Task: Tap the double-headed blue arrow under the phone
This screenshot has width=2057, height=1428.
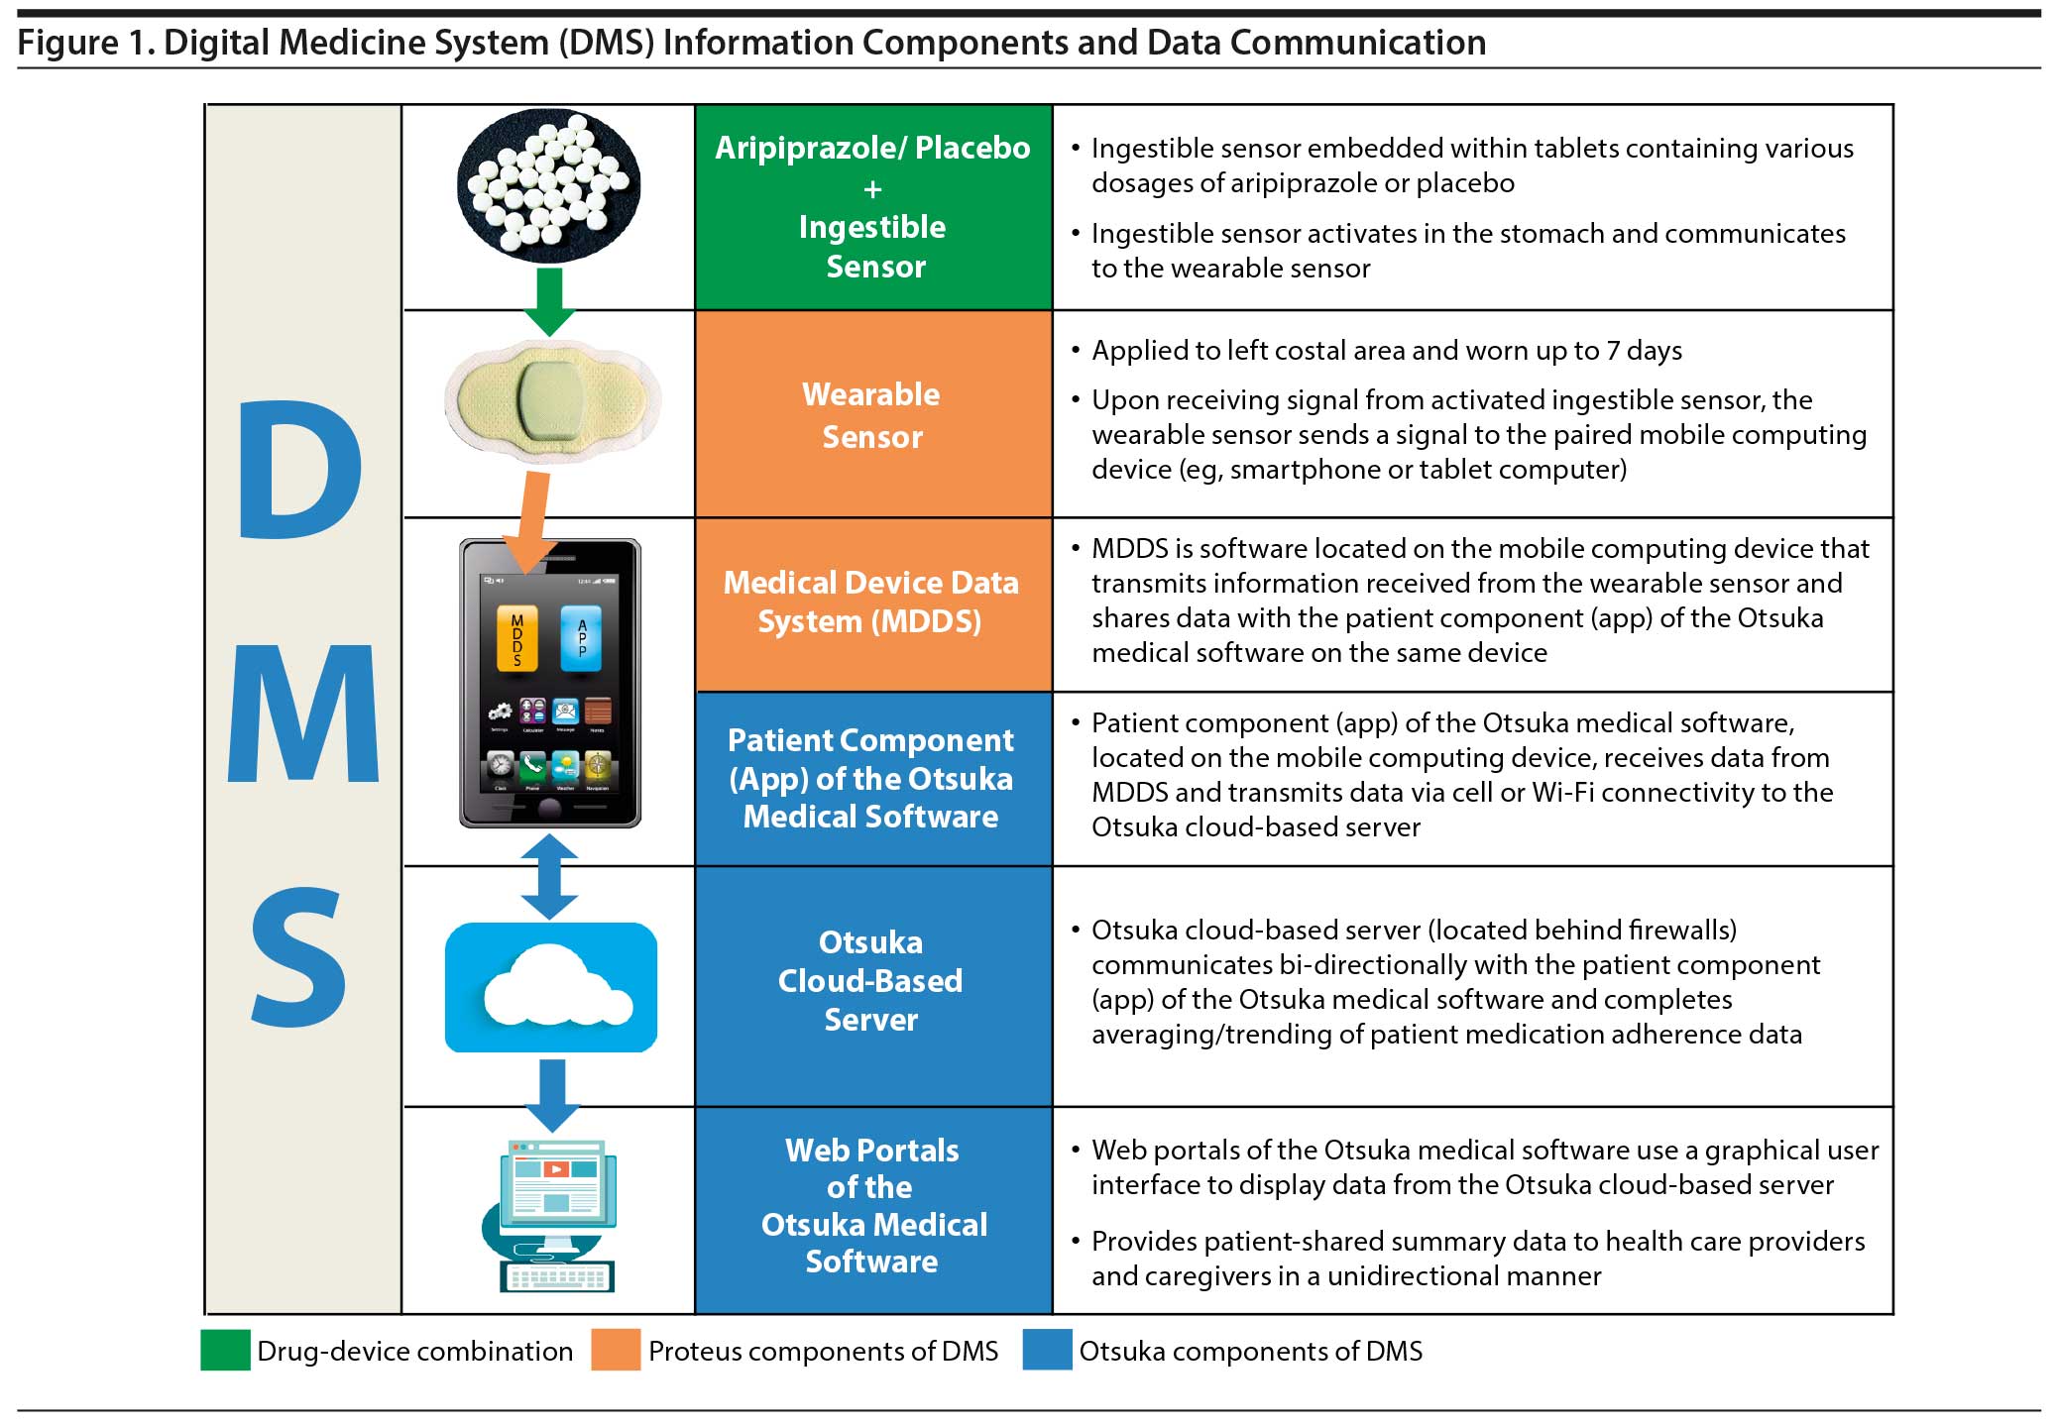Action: (549, 876)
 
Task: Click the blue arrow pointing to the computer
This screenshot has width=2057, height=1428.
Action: (552, 1095)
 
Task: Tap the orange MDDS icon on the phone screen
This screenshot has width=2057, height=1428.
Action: (516, 639)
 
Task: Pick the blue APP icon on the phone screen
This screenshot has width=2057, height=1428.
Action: (582, 638)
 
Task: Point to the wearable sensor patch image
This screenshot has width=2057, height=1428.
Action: (551, 401)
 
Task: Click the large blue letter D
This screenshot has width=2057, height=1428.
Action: (299, 472)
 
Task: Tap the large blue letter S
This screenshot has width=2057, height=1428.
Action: (298, 957)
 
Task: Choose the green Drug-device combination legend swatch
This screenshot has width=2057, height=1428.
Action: (225, 1351)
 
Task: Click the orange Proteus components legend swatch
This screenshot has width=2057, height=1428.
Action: (616, 1351)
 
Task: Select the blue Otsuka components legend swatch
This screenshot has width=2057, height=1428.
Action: (1047, 1351)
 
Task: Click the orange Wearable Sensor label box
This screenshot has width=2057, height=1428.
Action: (872, 415)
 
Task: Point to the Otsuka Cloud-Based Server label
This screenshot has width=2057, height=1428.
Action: (871, 981)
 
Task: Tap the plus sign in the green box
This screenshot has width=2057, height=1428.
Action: (872, 188)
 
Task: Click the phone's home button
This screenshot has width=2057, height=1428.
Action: (549, 809)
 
